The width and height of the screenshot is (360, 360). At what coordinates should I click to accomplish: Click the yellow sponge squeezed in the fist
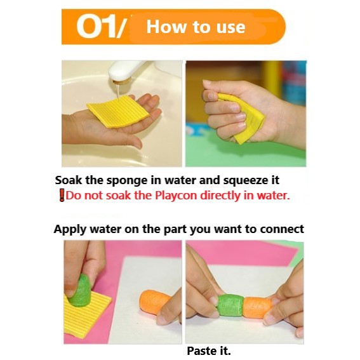(x=243, y=117)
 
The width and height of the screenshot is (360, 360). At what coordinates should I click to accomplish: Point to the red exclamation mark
(x=62, y=196)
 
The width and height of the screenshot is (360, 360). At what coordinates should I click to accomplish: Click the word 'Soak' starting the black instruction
(x=69, y=180)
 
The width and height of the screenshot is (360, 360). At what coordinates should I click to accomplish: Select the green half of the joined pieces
(x=230, y=305)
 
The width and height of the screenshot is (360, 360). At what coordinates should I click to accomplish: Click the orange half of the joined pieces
(x=258, y=307)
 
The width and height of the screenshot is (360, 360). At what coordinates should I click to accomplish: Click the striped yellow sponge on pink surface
(x=86, y=315)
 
